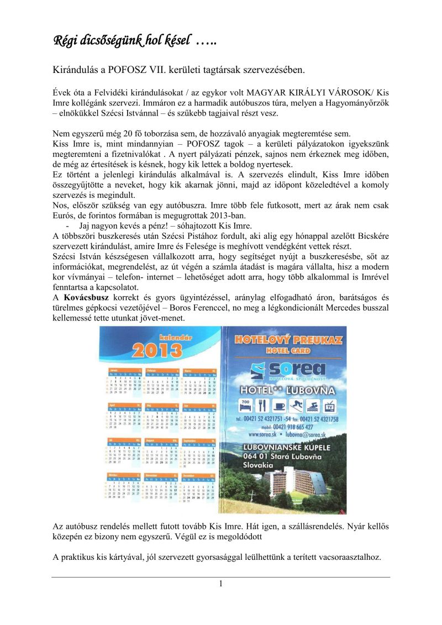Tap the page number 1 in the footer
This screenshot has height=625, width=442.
point(220,584)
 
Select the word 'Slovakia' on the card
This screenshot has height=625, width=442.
point(260,466)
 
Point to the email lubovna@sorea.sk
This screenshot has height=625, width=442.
point(315,434)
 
